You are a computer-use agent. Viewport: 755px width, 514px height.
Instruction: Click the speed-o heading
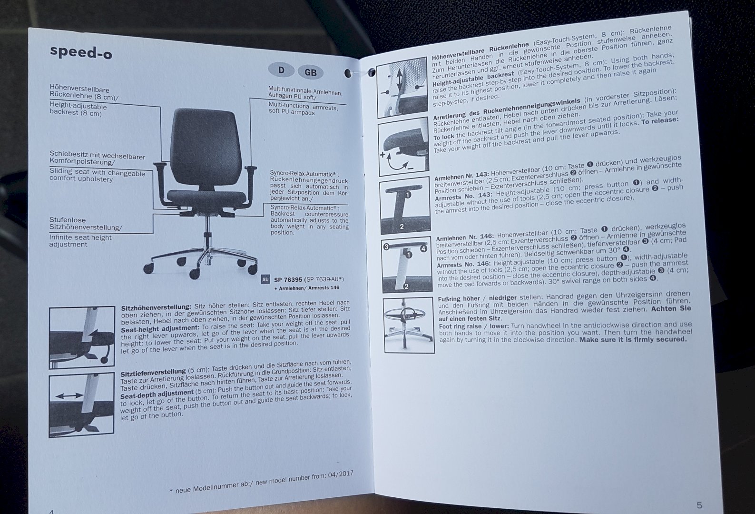(x=81, y=52)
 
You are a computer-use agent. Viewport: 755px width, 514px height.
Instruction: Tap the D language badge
(x=281, y=70)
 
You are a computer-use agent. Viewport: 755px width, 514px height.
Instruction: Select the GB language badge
(x=311, y=72)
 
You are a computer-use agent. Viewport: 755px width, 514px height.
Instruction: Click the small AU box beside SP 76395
(x=265, y=279)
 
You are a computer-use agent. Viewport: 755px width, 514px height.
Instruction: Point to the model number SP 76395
(x=288, y=280)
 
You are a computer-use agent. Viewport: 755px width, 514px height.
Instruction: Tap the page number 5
(x=699, y=505)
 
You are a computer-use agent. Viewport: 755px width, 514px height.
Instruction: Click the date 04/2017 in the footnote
(x=341, y=474)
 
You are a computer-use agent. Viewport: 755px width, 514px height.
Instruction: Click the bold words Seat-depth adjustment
(x=157, y=394)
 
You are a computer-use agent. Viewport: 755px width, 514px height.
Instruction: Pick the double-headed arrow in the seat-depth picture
(x=69, y=395)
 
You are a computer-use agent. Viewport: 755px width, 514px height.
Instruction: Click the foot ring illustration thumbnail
(x=409, y=325)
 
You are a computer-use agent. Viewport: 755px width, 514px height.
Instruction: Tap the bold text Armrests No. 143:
(x=463, y=196)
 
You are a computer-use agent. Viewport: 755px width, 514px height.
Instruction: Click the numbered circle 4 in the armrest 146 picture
(x=424, y=248)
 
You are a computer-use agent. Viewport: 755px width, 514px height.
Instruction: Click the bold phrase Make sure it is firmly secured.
(x=633, y=339)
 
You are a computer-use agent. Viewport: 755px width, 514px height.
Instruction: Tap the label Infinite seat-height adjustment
(x=80, y=240)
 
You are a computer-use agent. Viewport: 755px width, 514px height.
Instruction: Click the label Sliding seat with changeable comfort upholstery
(x=97, y=176)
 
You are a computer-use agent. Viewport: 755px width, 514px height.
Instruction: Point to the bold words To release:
(x=659, y=121)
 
